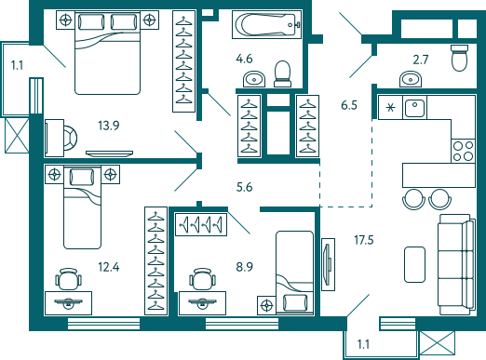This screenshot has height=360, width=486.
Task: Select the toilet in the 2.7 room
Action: [x=457, y=58]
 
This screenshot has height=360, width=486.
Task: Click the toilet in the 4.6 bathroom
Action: [x=282, y=71]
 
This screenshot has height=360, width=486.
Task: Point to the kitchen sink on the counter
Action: [x=415, y=108]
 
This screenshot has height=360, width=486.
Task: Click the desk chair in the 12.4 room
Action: [x=67, y=278]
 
